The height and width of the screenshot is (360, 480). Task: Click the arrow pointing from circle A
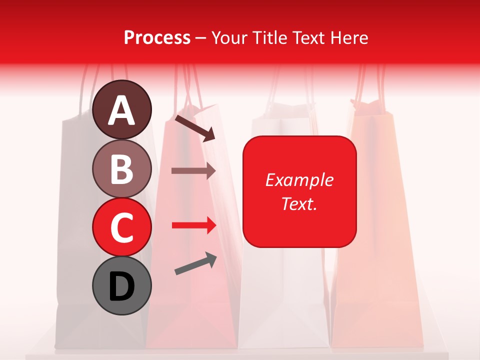pos(195,127)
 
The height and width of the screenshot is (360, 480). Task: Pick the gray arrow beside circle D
pos(195,264)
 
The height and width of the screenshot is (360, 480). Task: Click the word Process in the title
pos(157,38)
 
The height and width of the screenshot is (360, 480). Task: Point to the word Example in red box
pos(299,180)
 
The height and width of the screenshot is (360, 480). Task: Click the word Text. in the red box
pos(299,203)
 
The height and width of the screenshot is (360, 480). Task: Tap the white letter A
pos(121,111)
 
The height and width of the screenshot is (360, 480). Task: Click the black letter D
pos(121,287)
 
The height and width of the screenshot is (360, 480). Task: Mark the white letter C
pos(121,228)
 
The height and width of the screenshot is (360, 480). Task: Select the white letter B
pos(121,169)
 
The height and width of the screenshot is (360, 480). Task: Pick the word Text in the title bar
pos(310,38)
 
